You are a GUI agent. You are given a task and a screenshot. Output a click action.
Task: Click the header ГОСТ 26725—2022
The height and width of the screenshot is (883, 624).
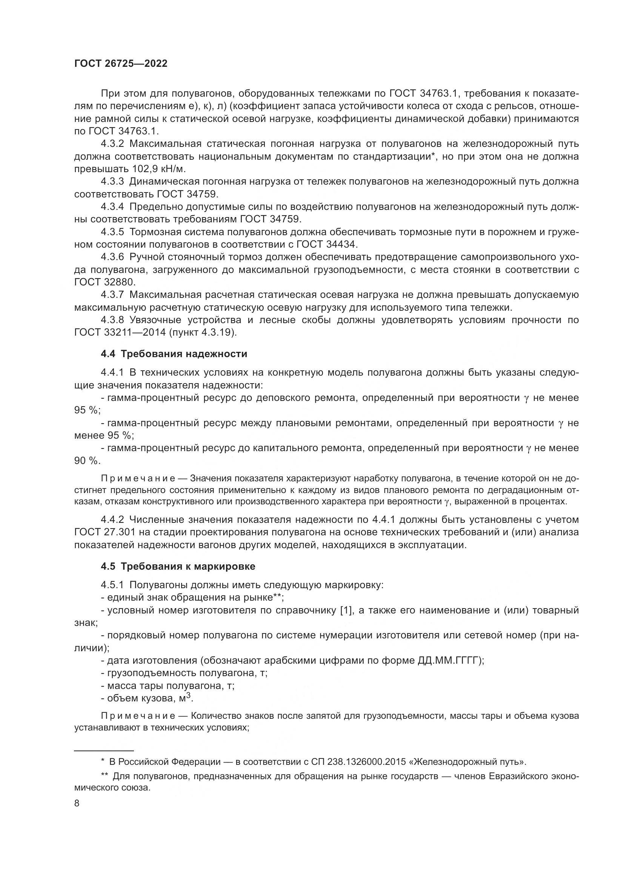click(x=121, y=64)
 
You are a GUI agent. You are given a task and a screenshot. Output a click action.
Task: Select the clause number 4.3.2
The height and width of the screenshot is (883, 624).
click(x=112, y=144)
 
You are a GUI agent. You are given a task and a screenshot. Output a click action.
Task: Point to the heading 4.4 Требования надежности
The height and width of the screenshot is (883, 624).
click(x=174, y=354)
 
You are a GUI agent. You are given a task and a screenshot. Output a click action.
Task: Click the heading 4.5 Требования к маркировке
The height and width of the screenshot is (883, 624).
click(x=178, y=567)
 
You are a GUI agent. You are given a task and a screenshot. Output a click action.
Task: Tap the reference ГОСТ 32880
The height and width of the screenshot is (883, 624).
click(x=105, y=282)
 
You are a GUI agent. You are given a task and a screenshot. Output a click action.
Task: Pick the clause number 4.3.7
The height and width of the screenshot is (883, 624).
click(x=112, y=295)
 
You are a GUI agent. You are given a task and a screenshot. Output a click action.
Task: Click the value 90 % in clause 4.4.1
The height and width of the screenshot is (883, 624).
click(x=86, y=461)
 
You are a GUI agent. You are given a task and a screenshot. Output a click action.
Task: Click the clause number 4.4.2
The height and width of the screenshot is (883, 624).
click(x=112, y=520)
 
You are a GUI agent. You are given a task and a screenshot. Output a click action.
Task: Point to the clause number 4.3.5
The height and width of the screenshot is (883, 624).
click(x=112, y=232)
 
